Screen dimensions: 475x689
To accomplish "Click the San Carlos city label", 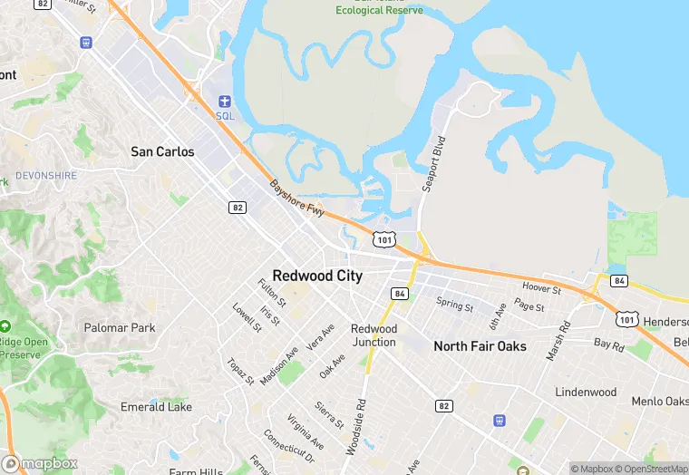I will (x=162, y=151).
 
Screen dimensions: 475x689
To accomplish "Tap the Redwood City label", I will (x=317, y=276).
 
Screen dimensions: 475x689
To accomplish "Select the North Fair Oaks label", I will (x=480, y=346).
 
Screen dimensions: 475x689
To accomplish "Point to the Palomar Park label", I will (x=119, y=327).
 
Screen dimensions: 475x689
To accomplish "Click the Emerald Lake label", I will (x=156, y=407).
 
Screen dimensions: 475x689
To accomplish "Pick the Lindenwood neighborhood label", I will (x=586, y=393).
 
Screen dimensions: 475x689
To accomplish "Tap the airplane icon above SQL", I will (x=224, y=101).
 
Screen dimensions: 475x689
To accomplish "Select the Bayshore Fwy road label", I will (x=296, y=198).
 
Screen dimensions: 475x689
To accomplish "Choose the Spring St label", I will (x=454, y=305).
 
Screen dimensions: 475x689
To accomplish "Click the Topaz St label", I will (x=240, y=371).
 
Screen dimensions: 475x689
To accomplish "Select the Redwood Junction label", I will (x=374, y=335).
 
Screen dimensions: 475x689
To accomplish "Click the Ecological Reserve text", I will (x=378, y=11).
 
